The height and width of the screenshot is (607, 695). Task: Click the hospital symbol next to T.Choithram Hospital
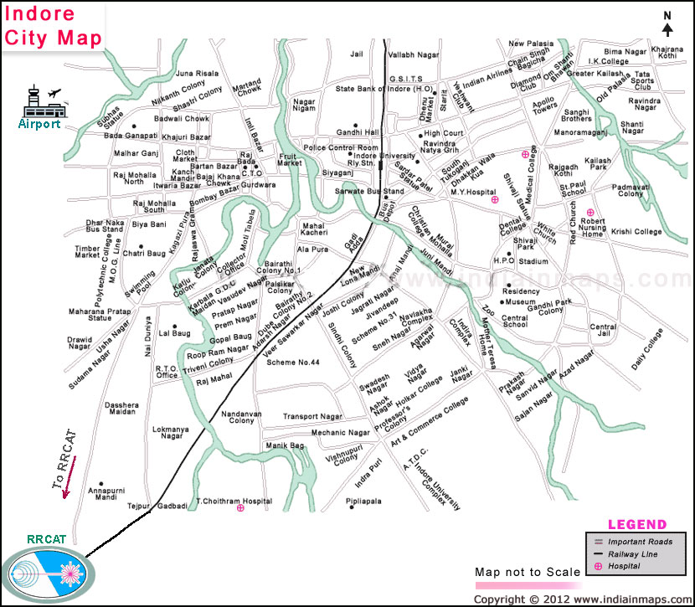[241, 507]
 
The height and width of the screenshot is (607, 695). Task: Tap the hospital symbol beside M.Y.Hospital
[494, 200]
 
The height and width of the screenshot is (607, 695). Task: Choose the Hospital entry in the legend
[624, 567]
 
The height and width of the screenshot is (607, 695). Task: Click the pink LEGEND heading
[636, 525]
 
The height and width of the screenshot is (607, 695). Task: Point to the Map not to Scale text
[527, 572]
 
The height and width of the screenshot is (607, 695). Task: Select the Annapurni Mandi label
[106, 491]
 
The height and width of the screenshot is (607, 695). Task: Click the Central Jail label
[603, 332]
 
